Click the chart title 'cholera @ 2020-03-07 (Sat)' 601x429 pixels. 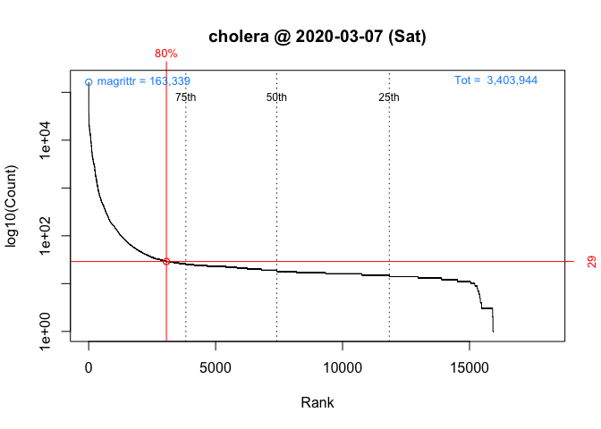click(317, 38)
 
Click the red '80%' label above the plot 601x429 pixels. click(165, 54)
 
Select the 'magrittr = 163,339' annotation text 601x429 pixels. click(143, 81)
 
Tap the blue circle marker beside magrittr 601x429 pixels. click(89, 82)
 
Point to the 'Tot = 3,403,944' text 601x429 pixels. click(495, 80)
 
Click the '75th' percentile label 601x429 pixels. click(186, 97)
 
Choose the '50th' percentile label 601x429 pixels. click(277, 97)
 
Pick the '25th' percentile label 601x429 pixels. click(389, 97)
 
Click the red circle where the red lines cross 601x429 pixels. click(166, 261)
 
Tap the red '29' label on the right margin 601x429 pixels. click(591, 261)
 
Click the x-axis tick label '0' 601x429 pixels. click(89, 367)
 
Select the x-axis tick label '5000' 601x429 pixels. click(216, 367)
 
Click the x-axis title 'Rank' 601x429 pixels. click(317, 403)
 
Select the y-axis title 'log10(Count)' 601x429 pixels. click(13, 206)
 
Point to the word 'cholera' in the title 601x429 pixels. click(236, 38)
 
